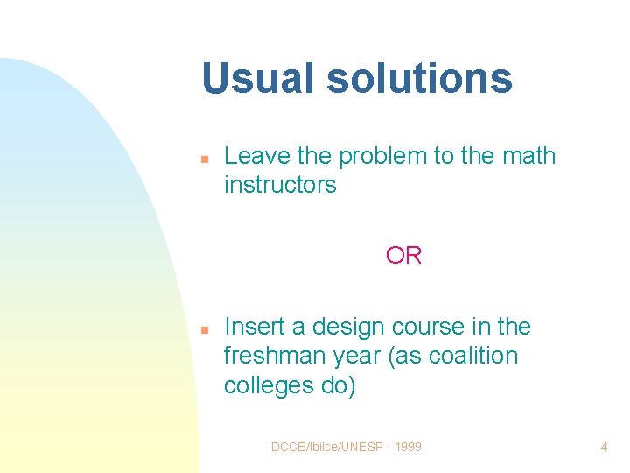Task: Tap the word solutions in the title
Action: click(x=419, y=78)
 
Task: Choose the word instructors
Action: click(x=280, y=185)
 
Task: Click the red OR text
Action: click(x=403, y=256)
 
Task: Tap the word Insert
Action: click(x=252, y=327)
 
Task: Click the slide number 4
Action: click(x=604, y=447)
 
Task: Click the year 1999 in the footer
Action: click(x=407, y=447)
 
